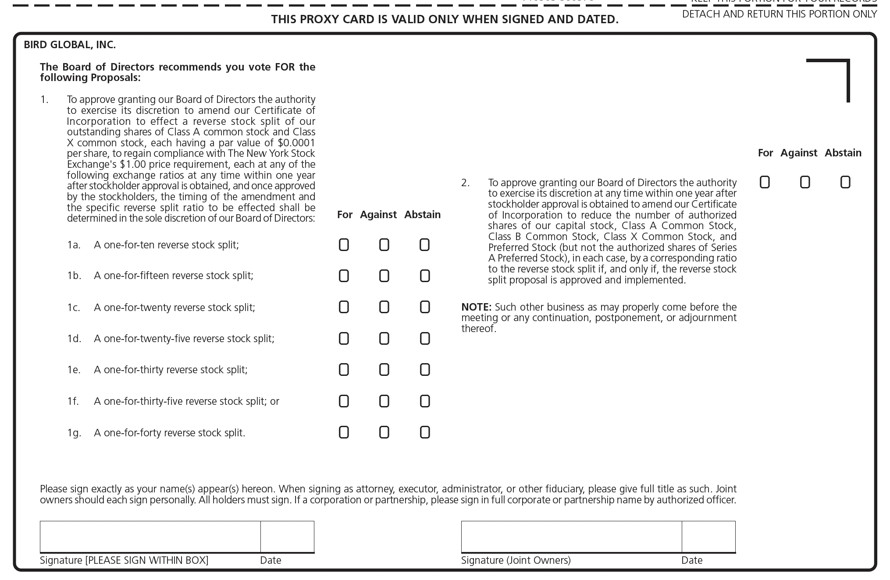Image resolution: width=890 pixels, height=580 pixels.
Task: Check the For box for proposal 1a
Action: coord(344,245)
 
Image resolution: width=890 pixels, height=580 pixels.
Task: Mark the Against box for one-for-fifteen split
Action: coord(384,276)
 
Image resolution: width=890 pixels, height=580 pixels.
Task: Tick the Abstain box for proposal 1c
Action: coord(424,307)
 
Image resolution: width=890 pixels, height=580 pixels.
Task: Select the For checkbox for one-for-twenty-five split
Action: coord(344,339)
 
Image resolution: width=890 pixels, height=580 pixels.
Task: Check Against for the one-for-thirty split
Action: coord(384,370)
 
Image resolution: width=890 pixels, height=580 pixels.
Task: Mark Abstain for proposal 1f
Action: coord(424,401)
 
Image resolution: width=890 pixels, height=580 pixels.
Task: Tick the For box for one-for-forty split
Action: coord(344,433)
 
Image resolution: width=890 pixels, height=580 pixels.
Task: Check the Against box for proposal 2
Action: coord(805,182)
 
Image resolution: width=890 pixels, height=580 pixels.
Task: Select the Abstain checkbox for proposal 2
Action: coord(845,182)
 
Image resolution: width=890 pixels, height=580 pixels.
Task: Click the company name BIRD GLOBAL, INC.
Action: coord(70,45)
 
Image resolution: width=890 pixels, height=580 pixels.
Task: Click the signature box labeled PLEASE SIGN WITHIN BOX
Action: coord(150,537)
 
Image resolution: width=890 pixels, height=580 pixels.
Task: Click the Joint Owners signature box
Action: coord(571,537)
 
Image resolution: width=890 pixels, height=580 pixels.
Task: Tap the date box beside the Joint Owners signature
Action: coord(708,537)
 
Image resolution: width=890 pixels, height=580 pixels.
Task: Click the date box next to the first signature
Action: coord(287,537)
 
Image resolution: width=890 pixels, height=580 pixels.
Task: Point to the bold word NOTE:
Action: coord(476,307)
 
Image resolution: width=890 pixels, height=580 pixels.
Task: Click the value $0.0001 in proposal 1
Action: coord(296,143)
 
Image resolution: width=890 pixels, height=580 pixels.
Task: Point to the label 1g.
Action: coord(74,433)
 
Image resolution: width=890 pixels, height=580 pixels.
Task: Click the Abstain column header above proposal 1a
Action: coord(422,215)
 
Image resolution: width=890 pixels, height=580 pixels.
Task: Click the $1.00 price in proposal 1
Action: coord(133,164)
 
